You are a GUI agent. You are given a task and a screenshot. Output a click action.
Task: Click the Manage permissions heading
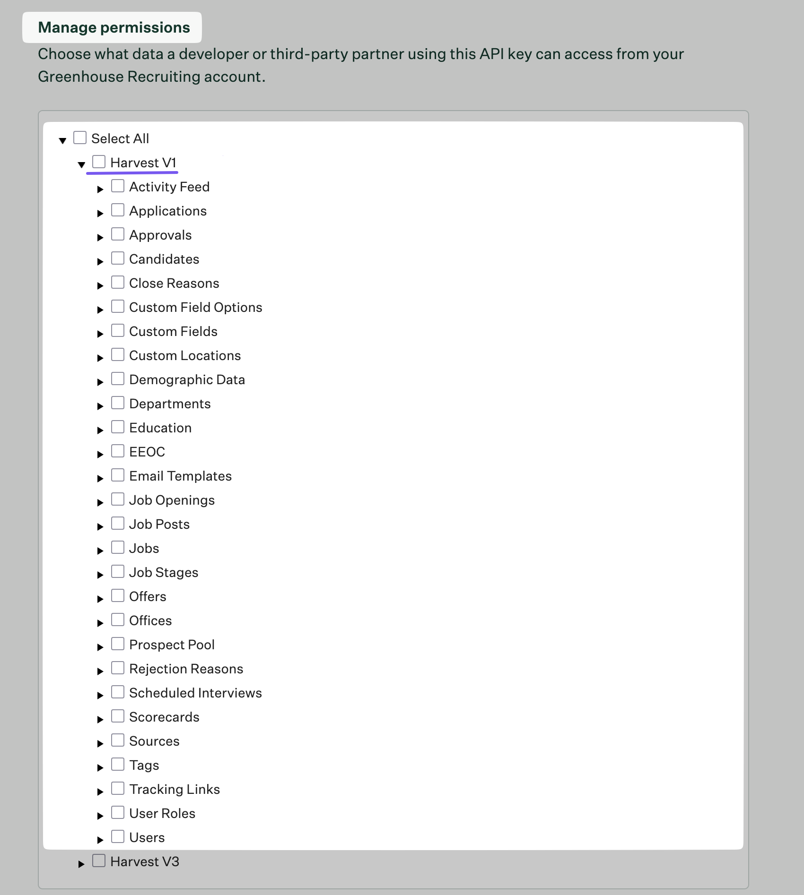pos(114,27)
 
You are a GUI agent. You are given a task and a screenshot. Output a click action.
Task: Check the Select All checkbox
pos(80,138)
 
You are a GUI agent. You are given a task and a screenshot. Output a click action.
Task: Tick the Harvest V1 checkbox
pos(99,162)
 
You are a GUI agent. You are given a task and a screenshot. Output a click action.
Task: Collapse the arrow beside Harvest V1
pos(81,164)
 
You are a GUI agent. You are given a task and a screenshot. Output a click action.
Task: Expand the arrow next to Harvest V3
pos(81,864)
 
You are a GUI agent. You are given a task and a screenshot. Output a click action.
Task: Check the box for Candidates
pos(118,258)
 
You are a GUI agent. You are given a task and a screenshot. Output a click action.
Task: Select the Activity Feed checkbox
pos(118,186)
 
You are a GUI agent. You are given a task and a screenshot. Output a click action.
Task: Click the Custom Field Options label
pos(195,307)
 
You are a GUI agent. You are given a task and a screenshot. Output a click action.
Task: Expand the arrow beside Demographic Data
pos(100,382)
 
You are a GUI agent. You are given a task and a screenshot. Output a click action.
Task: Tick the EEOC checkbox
pos(118,451)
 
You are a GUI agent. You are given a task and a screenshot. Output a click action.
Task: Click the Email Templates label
pos(180,476)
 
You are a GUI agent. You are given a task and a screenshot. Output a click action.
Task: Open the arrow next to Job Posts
pos(100,526)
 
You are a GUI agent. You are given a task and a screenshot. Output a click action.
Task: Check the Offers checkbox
pos(118,596)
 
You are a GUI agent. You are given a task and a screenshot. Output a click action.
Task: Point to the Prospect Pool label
pos(172,645)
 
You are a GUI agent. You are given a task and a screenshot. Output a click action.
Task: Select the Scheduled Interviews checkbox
pos(118,692)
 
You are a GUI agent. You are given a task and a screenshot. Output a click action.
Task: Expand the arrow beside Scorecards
pos(100,719)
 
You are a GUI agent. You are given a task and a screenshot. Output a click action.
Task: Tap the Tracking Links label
pos(175,789)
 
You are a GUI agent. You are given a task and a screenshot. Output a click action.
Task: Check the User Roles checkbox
pos(118,813)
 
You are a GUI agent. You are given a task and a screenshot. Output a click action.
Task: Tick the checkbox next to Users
pos(118,837)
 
